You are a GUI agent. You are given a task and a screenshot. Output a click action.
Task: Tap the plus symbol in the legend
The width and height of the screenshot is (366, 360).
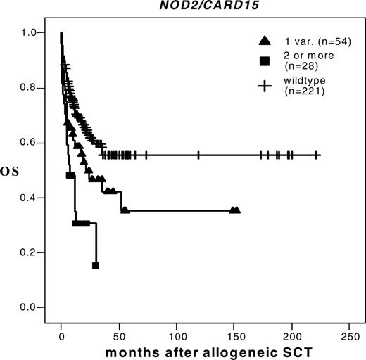[265, 86]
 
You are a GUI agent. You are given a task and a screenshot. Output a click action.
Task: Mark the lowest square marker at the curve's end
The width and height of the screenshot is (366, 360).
[96, 265]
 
